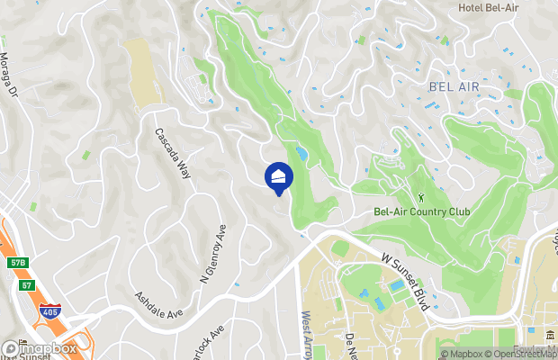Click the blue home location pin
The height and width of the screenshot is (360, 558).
click(x=279, y=176)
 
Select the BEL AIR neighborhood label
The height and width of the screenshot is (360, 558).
click(x=454, y=87)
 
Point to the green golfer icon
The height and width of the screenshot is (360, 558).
click(x=420, y=196)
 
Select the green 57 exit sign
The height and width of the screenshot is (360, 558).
click(x=28, y=285)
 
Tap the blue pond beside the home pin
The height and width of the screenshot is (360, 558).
click(x=301, y=155)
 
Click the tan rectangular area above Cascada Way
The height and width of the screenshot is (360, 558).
click(x=142, y=72)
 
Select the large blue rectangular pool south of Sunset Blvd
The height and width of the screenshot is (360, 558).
click(x=397, y=286)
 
